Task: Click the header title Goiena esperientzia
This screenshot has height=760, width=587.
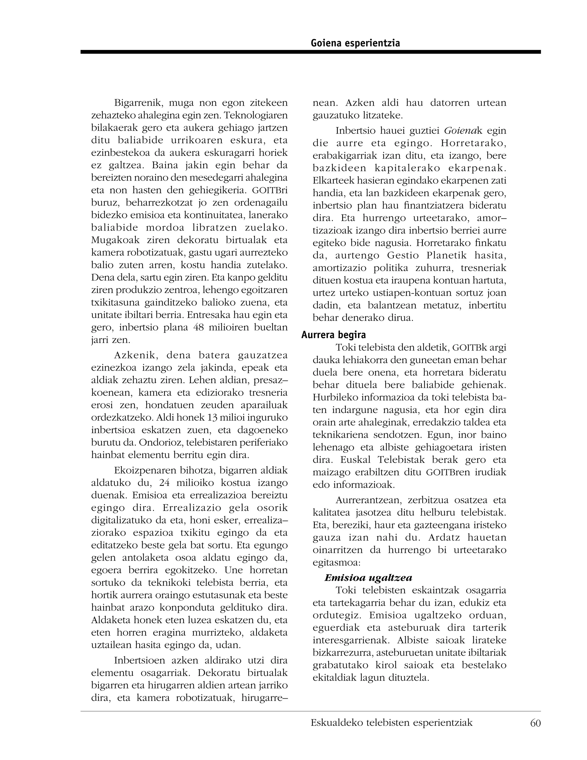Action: [355, 43]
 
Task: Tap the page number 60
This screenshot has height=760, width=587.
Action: [535, 723]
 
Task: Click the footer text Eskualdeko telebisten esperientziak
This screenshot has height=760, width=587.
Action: [392, 723]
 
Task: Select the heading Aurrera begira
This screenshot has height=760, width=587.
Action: [334, 335]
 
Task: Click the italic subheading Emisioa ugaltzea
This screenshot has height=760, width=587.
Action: [368, 578]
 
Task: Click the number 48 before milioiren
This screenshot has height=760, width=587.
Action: [197, 328]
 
